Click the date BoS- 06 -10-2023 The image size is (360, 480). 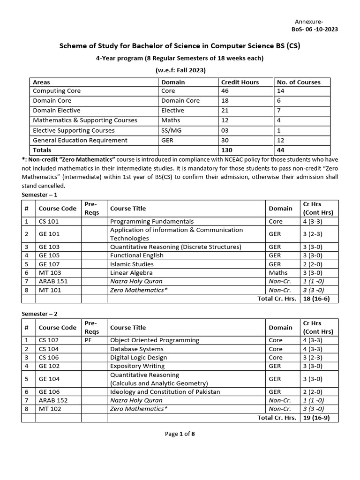coord(315,29)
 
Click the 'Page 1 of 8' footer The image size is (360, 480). coord(180,434)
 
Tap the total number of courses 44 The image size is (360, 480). coord(281,150)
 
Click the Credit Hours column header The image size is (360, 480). coord(240,82)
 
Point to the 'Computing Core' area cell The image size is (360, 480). coord(57,91)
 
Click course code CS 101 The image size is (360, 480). coord(49,221)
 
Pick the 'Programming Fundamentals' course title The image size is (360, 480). coord(152,221)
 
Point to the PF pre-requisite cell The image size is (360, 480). coord(89,340)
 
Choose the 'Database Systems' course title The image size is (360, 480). coord(137,349)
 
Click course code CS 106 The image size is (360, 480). coord(49,357)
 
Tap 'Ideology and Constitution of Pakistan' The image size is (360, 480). coord(165,391)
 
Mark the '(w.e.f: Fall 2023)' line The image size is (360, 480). coord(180,70)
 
